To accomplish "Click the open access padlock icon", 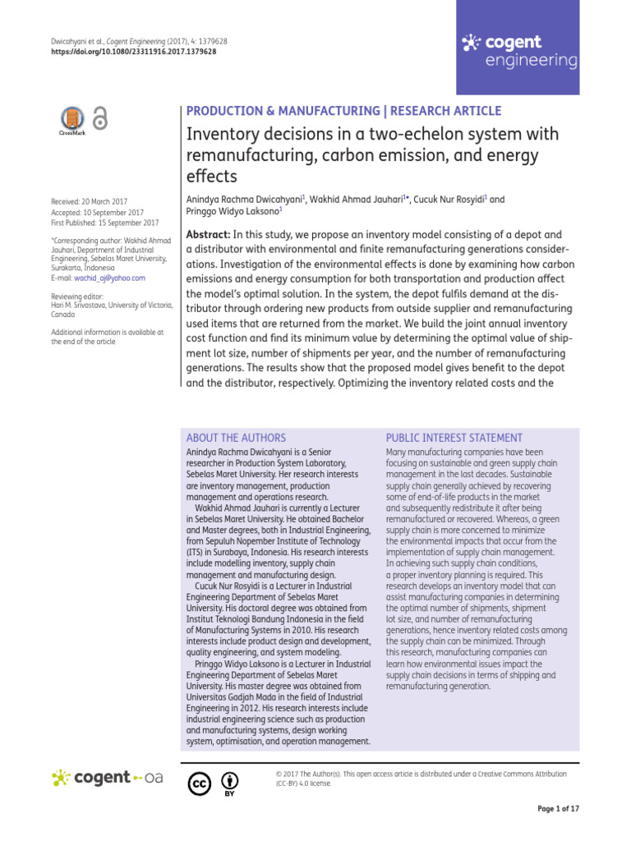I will pyautogui.click(x=99, y=119).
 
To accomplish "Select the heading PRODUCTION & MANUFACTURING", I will pyautogui.click(x=274, y=112).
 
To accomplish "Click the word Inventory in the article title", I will pyautogui.click(x=220, y=134).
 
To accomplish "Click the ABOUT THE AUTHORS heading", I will pyautogui.click(x=237, y=439).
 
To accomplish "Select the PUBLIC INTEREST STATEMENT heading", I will pyautogui.click(x=454, y=439).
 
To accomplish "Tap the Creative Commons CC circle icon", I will pyautogui.click(x=199, y=784).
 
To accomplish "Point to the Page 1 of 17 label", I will pyautogui.click(x=559, y=809).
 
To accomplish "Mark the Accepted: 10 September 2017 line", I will pyautogui.click(x=97, y=212).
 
